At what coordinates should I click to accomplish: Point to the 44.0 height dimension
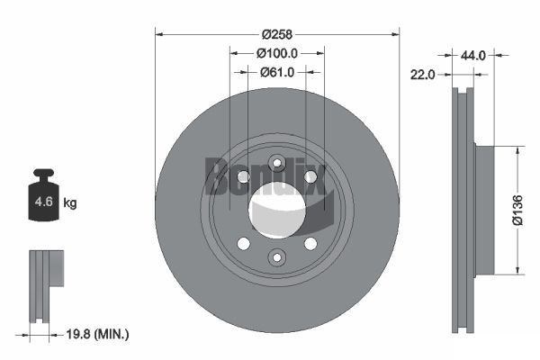pos(473,55)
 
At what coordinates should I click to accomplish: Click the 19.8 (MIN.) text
pos(98,334)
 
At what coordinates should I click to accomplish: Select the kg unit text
pos(71,203)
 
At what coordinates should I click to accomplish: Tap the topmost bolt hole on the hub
pos(277,162)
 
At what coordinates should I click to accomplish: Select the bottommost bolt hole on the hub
pos(277,258)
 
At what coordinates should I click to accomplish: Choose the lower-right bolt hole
pos(310,243)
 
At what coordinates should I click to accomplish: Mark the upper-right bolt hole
pos(310,176)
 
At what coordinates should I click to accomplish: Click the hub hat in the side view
pos(482,209)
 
